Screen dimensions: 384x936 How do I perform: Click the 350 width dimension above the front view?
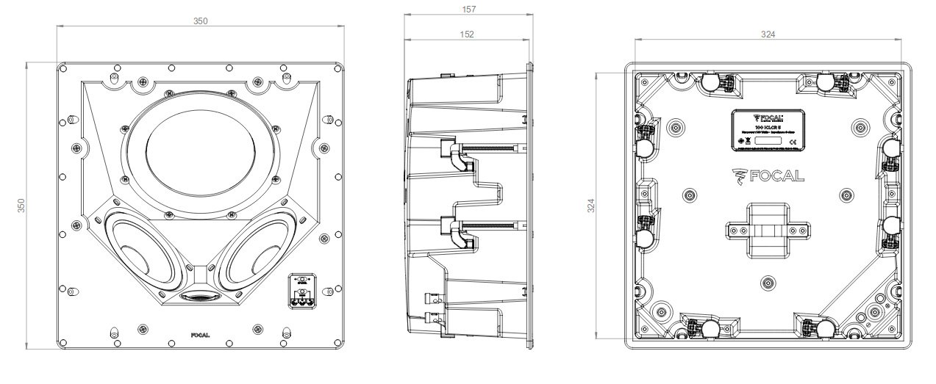[x=200, y=21]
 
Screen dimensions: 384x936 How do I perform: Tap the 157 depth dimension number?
[x=469, y=10]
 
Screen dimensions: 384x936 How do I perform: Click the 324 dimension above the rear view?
[x=768, y=34]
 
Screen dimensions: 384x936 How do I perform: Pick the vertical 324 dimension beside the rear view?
[x=590, y=206]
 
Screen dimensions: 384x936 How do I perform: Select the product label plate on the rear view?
[x=768, y=131]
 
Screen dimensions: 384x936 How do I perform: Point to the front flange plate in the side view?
[x=529, y=206]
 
